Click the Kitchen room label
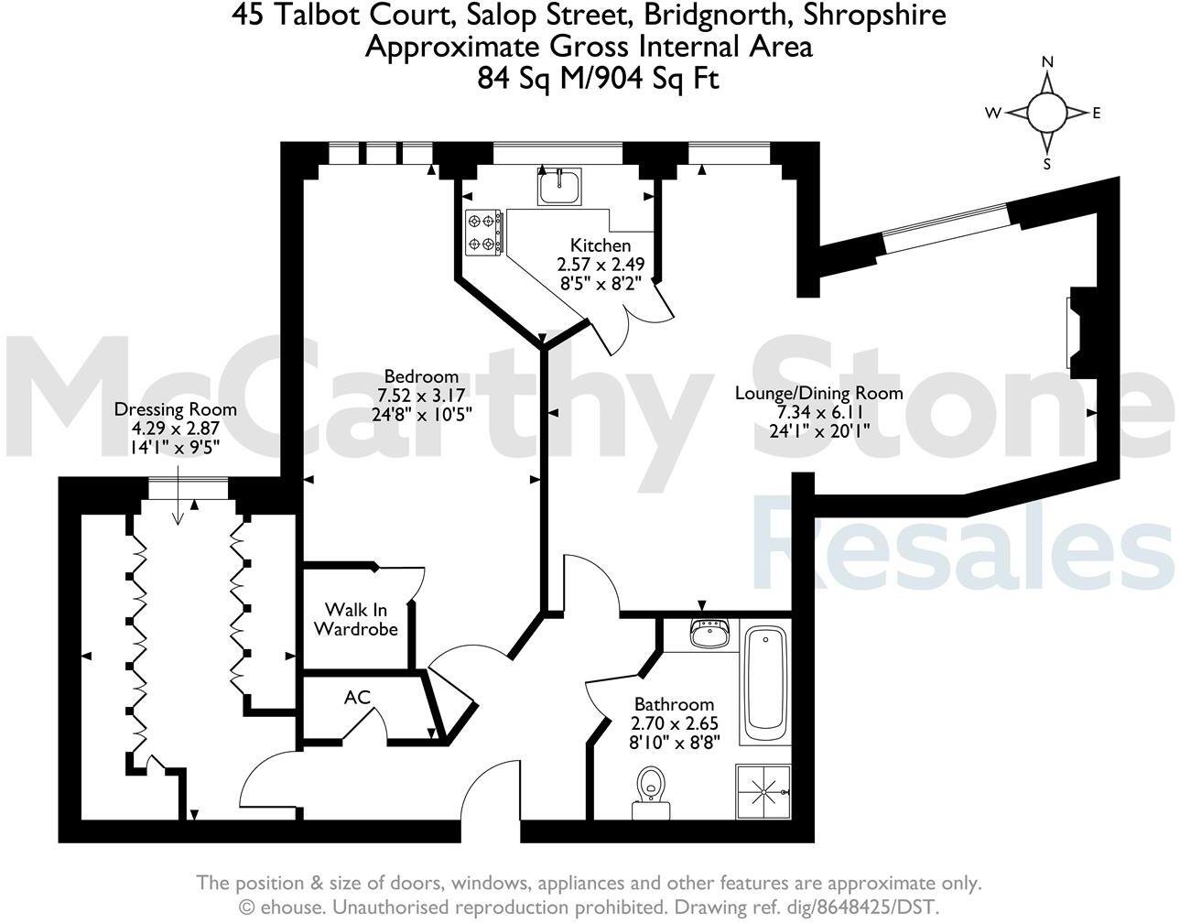[x=601, y=245]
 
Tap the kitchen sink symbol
[x=558, y=188]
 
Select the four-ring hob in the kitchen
[x=484, y=231]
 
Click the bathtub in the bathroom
[x=764, y=683]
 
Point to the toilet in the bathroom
[x=651, y=787]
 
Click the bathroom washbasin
[x=710, y=634]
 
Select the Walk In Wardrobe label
[x=356, y=619]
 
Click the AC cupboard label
[x=357, y=698]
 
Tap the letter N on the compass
[x=1047, y=62]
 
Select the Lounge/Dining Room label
[x=819, y=394]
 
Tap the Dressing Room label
[x=175, y=409]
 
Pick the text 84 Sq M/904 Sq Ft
[x=598, y=79]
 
